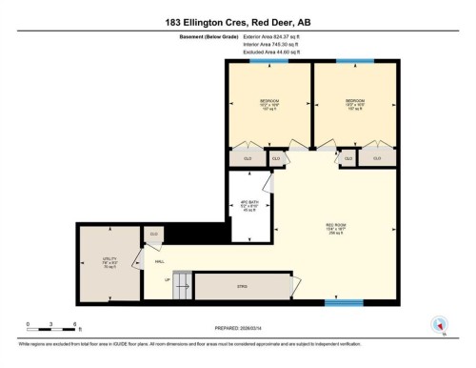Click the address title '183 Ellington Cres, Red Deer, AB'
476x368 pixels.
[237, 18]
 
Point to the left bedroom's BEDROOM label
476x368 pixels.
[269, 99]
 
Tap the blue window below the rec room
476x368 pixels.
[343, 302]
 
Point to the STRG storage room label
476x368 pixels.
[243, 283]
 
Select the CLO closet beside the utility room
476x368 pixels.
[154, 234]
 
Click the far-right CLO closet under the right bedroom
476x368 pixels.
[377, 158]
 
